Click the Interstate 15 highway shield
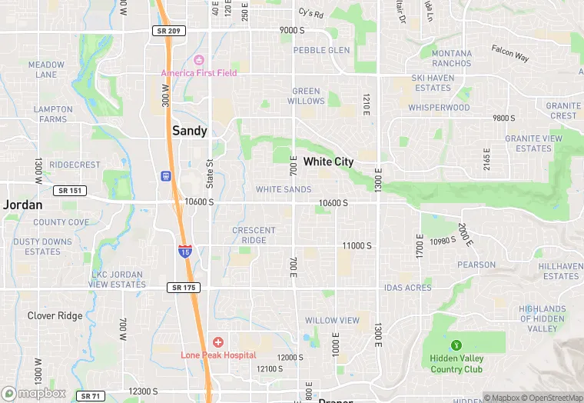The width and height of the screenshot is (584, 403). (x=184, y=251)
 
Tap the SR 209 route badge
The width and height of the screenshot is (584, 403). (x=169, y=31)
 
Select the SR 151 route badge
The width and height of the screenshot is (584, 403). (x=71, y=191)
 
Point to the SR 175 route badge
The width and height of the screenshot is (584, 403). (x=183, y=288)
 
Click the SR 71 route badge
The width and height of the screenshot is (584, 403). (x=91, y=396)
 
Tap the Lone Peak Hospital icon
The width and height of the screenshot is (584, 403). (x=218, y=341)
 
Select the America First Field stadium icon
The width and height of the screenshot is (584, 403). (x=199, y=60)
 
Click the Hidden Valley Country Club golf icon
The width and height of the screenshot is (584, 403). (x=456, y=345)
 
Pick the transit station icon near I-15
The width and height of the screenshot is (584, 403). (x=165, y=176)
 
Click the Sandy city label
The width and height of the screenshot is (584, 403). (x=189, y=131)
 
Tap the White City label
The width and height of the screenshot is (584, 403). (x=328, y=162)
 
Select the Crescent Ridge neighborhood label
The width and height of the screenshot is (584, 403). (x=254, y=235)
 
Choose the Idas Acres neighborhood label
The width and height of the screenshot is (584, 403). (x=408, y=288)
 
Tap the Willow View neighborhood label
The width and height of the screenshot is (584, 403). (x=332, y=320)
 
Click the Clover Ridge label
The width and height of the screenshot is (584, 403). (x=55, y=315)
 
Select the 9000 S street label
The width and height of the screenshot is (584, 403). (x=292, y=30)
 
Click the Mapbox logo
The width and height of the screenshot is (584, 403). (x=34, y=393)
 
